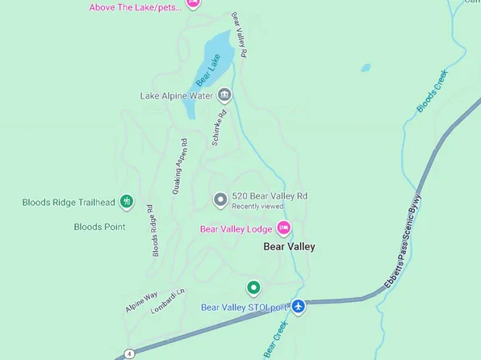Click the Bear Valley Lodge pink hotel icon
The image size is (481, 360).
pos(284,229)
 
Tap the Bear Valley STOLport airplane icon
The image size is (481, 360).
pos(299,307)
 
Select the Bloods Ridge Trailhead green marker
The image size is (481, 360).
pos(126,202)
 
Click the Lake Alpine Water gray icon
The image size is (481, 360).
pos(225,96)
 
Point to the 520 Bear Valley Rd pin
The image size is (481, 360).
pos(220,199)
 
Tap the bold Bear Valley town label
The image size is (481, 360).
pos(290,247)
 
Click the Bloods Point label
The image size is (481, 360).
pos(99,227)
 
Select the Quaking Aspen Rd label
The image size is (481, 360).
pos(180,165)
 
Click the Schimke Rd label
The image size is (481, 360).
pos(219,127)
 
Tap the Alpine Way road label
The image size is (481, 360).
pos(141,303)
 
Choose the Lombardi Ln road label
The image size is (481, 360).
pos(169,301)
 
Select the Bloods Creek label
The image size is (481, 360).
pos(432,92)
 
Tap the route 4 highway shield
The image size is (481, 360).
pos(129,354)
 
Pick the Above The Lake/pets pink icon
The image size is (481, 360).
pos(192,3)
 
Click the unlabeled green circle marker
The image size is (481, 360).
pos(253,287)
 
